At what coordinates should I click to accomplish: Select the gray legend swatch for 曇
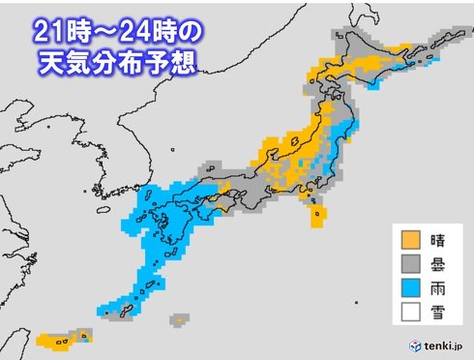412,263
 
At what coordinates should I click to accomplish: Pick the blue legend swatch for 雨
412,286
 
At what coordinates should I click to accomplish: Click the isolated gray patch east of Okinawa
177,317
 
